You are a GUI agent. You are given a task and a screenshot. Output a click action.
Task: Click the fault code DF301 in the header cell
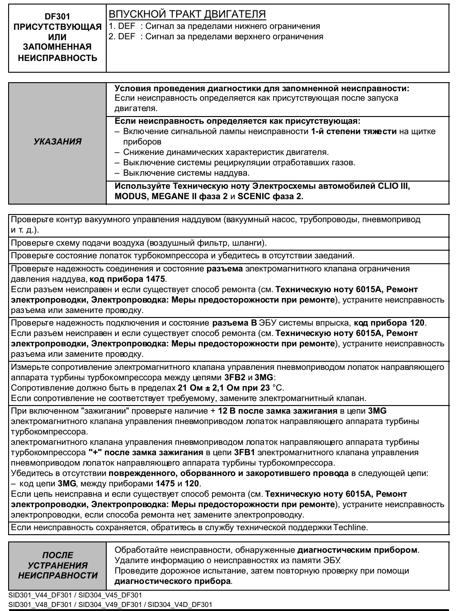(58, 16)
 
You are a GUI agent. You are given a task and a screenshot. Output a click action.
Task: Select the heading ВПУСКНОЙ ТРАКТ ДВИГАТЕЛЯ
(187, 14)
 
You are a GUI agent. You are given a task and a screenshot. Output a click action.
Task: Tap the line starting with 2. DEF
(216, 37)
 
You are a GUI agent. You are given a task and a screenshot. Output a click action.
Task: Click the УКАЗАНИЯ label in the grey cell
(57, 141)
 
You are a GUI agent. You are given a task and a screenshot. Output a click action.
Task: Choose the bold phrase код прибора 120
(389, 323)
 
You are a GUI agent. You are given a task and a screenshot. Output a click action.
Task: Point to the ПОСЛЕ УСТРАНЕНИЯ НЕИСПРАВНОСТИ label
(57, 565)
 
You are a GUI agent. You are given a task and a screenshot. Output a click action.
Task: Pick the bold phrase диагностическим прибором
(357, 550)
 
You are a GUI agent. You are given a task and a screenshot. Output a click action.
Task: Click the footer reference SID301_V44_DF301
(38, 595)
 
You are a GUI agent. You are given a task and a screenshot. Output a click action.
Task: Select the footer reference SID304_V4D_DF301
(180, 604)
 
